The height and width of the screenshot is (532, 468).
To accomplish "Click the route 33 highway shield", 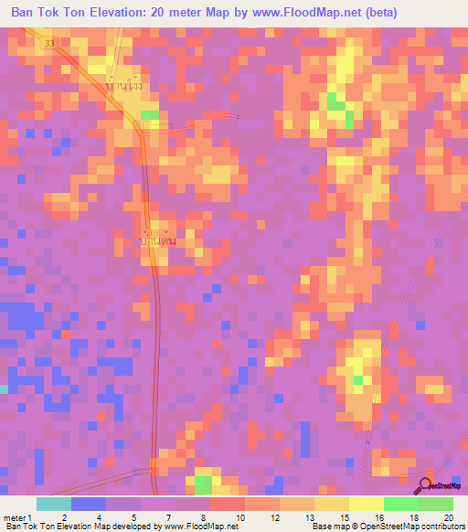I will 48,43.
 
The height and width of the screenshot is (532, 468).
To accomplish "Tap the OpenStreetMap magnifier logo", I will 427,486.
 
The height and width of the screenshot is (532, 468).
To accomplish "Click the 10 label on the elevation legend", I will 239,516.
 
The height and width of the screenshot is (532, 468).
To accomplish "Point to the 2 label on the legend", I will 64,516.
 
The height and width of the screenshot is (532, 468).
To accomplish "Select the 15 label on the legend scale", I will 343,516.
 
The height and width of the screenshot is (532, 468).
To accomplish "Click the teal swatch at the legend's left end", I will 53,504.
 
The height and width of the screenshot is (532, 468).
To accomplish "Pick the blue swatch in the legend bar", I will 88,504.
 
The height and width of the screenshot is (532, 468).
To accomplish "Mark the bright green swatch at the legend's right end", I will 435,504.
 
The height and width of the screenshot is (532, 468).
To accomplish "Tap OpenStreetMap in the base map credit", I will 384,527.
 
